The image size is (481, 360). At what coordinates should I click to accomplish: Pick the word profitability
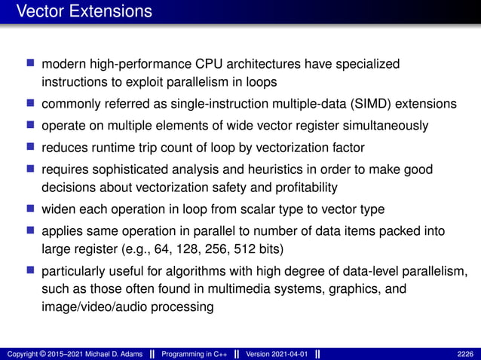click(x=302, y=186)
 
